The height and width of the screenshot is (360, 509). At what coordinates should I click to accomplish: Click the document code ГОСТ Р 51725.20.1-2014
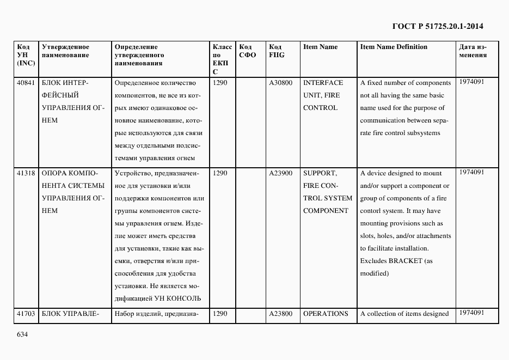point(438,26)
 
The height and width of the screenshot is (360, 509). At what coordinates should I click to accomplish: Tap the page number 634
point(22,334)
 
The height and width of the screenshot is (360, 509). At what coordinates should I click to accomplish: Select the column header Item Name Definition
point(394,47)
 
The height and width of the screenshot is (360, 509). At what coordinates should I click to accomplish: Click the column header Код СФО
point(247,51)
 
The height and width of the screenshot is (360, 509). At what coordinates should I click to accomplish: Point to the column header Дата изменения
point(473,51)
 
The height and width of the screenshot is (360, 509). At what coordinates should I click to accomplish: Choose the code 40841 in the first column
point(26,83)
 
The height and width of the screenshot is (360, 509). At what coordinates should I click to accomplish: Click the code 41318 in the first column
point(26,173)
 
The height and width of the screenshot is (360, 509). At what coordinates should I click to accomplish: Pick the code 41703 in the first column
point(26,314)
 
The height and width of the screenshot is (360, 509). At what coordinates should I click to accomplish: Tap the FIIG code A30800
point(281,83)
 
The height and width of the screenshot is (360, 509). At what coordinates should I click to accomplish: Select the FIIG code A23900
point(281,173)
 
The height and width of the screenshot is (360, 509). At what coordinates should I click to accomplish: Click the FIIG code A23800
point(281,314)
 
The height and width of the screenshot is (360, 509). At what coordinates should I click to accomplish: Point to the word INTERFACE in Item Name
point(323,83)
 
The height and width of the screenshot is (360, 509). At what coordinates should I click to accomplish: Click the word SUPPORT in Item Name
point(320,173)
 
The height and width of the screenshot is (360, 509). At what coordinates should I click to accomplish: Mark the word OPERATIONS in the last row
point(326,314)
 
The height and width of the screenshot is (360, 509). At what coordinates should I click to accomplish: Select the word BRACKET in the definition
point(406,261)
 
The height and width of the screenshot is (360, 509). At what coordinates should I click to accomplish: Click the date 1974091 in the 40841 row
point(471,82)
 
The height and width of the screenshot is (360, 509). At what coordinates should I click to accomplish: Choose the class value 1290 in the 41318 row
point(220,173)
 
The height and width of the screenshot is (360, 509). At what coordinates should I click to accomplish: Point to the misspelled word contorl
point(371,211)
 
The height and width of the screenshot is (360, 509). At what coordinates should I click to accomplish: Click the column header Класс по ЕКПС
point(222,59)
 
